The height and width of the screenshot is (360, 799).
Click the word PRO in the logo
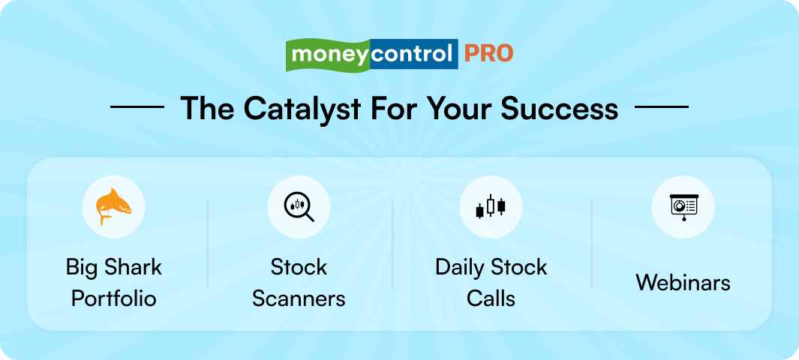tap(488, 54)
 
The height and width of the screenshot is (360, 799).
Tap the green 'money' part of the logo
tap(329, 55)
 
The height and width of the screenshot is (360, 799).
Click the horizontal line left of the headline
tap(137, 107)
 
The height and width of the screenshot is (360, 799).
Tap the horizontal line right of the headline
tap(661, 107)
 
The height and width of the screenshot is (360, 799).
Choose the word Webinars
tap(683, 283)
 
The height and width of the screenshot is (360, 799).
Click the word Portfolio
tap(114, 298)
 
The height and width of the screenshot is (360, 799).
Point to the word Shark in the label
tap(134, 267)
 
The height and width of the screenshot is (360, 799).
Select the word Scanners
tap(299, 298)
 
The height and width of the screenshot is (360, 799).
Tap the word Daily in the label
tap(461, 267)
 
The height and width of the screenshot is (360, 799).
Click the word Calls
tap(491, 298)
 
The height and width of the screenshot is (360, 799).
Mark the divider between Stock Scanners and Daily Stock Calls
tap(393, 244)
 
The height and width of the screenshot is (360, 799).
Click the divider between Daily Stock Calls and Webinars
tap(591, 244)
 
